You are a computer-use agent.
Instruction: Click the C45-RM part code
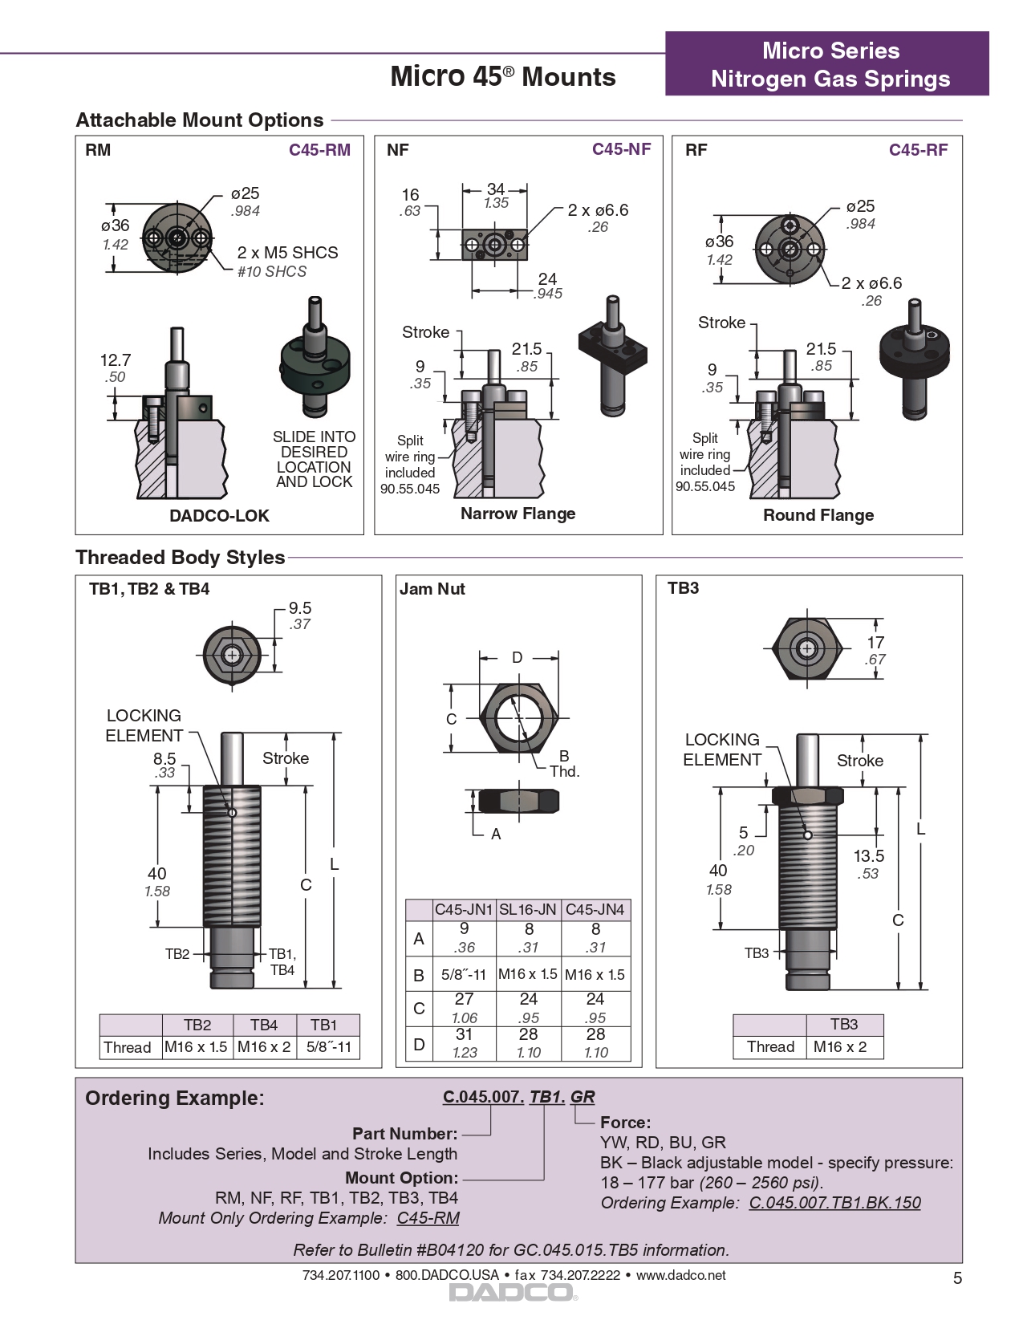[x=319, y=150]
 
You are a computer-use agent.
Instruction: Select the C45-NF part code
[x=621, y=149]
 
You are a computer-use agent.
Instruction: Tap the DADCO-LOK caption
[x=219, y=516]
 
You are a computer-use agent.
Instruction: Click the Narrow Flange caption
[x=518, y=514]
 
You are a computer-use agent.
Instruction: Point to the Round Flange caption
[x=818, y=515]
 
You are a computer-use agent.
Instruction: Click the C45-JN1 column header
[x=464, y=910]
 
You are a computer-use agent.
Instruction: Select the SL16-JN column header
[x=528, y=910]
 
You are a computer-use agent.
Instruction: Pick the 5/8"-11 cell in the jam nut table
[x=464, y=975]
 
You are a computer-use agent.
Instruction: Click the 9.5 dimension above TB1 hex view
[x=300, y=608]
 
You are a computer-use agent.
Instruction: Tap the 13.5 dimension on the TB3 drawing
[x=868, y=856]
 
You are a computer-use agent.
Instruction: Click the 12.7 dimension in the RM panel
[x=116, y=360]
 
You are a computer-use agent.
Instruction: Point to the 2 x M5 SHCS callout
[x=287, y=253]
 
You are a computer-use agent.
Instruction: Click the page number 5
[x=956, y=1278]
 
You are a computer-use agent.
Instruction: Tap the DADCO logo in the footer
[x=512, y=1293]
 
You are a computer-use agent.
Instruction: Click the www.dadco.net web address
[x=680, y=1275]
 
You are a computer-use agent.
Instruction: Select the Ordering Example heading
[x=175, y=1099]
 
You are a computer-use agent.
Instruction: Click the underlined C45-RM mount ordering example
[x=428, y=1218]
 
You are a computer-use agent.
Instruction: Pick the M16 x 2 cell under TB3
[x=839, y=1047]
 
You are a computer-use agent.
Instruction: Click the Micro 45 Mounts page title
[x=503, y=77]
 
